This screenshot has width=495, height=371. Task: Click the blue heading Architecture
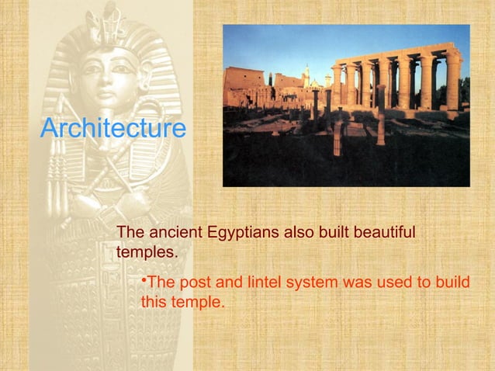pyautogui.click(x=112, y=128)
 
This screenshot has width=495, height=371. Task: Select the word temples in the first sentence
pyautogui.click(x=147, y=253)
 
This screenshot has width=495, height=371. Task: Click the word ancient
pyautogui.click(x=173, y=233)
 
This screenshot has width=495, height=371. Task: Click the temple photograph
pyautogui.click(x=346, y=106)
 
